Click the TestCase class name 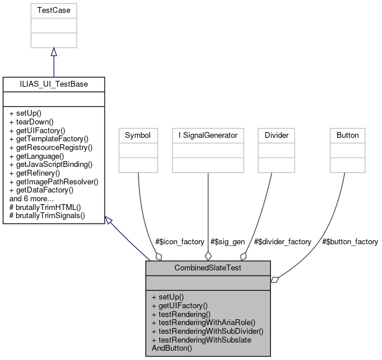point(53,10)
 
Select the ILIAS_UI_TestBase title point(53,84)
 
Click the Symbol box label point(138,135)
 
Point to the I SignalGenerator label point(208,135)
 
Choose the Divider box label point(276,135)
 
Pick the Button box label point(348,135)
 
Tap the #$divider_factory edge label point(283,241)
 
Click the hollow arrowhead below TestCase point(53,52)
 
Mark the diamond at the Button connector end point(274,280)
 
